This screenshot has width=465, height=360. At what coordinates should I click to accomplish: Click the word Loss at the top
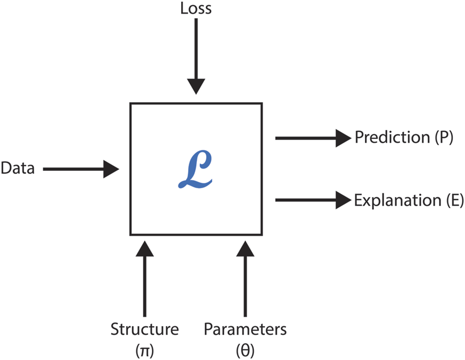pos(195,9)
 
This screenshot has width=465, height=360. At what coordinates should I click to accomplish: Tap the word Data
pos(18,169)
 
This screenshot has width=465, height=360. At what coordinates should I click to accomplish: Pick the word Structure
pos(144,329)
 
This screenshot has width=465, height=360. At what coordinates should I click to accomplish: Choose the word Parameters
pos(245,329)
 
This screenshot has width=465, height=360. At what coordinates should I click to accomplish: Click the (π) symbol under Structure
pos(144,348)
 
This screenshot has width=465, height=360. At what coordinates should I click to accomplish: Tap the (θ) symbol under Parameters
pos(245,348)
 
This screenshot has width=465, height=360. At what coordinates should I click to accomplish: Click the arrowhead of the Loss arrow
pos(195,86)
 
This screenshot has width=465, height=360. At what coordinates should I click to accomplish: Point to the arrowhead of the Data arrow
pos(112,169)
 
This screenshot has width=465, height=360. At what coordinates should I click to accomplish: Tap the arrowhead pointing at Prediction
pos(342,138)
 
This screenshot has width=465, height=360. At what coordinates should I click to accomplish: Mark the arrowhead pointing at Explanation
pos(342,200)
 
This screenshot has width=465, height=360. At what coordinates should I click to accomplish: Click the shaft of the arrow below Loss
pos(195,49)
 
